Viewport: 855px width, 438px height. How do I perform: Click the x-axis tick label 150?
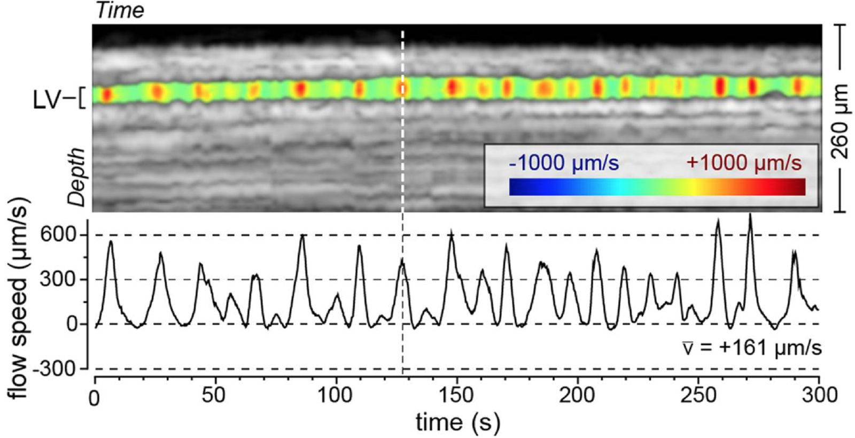tap(457, 396)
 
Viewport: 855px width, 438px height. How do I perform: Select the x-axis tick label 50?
tap(214, 396)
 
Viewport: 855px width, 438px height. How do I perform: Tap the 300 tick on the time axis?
tap(819, 396)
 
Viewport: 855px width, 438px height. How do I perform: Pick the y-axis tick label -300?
tap(58, 369)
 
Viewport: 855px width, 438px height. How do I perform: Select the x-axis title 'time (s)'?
tap(458, 422)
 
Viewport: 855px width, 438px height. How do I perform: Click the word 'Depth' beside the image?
tap(77, 177)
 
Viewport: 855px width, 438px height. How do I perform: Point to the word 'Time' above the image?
tap(120, 10)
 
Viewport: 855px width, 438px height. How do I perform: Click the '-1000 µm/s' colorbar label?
tap(564, 163)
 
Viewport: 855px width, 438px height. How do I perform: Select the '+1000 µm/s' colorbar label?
tap(744, 163)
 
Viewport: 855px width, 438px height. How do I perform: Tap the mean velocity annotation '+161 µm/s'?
tap(752, 349)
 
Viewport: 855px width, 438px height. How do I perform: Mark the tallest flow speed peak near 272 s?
tap(750, 215)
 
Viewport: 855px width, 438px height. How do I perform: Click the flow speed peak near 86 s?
tap(302, 235)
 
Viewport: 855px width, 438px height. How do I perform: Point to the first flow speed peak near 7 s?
tap(111, 241)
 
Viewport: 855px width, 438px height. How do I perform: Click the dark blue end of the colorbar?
tap(516, 187)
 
